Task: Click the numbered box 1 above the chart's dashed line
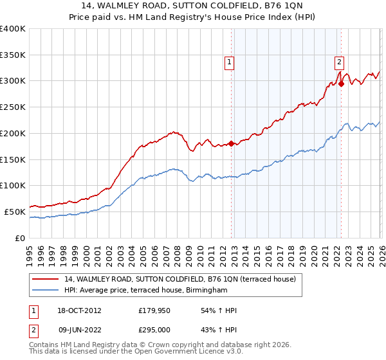tap(230, 62)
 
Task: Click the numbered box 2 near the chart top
tap(339, 62)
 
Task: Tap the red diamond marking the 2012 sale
tap(231, 144)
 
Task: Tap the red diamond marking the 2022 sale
tap(341, 84)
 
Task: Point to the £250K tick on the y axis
tap(14, 107)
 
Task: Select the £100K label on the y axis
tap(14, 185)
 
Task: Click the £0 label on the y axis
tap(21, 237)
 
